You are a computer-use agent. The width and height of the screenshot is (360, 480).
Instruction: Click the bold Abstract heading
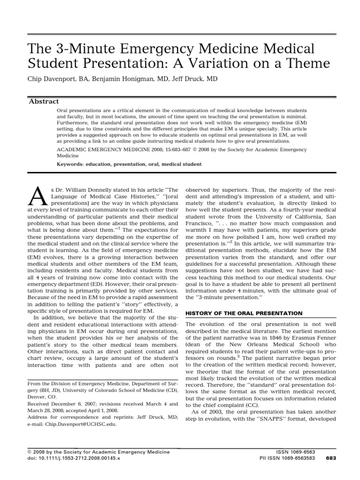44,101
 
